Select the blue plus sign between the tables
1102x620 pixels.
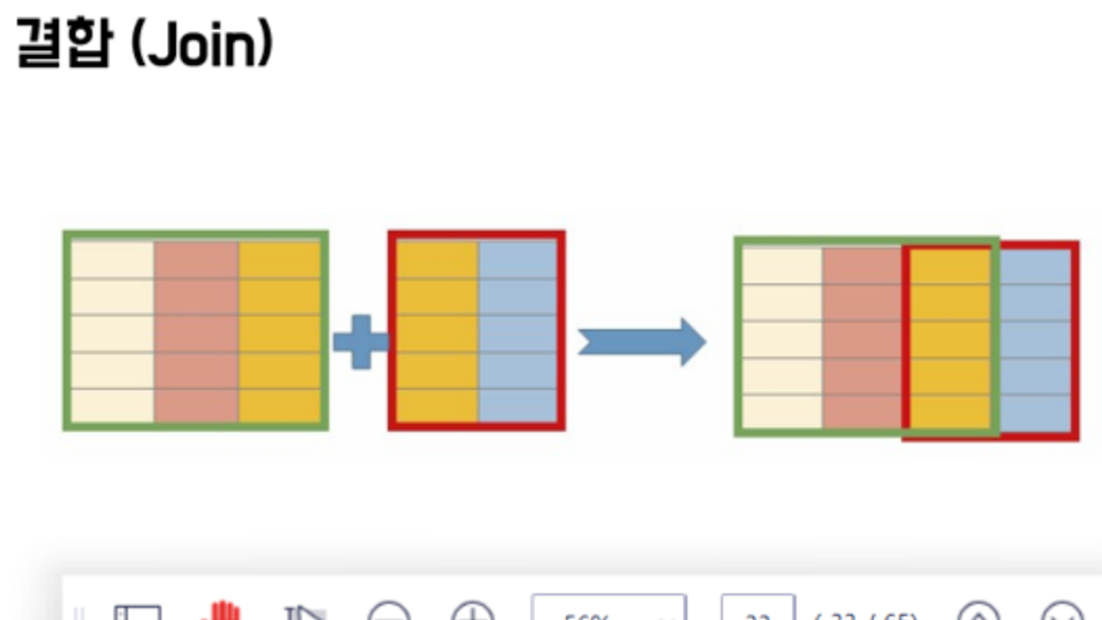[361, 341]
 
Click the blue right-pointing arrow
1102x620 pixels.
[641, 342]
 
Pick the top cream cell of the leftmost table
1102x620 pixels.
[113, 260]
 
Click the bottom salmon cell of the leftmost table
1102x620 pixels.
[196, 406]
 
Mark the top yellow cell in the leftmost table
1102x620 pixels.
[280, 260]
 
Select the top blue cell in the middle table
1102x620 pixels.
[517, 260]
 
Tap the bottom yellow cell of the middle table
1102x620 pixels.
[437, 406]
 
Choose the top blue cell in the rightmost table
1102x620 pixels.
[1035, 266]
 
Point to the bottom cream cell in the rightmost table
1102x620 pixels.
[782, 411]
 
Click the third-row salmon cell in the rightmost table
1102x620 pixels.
[863, 338]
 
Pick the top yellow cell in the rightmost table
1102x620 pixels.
[951, 266]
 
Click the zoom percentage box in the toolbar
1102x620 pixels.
[609, 609]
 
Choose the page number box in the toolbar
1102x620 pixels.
[758, 609]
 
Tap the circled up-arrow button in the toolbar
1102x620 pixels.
[979, 612]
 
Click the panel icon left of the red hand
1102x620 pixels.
[138, 612]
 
